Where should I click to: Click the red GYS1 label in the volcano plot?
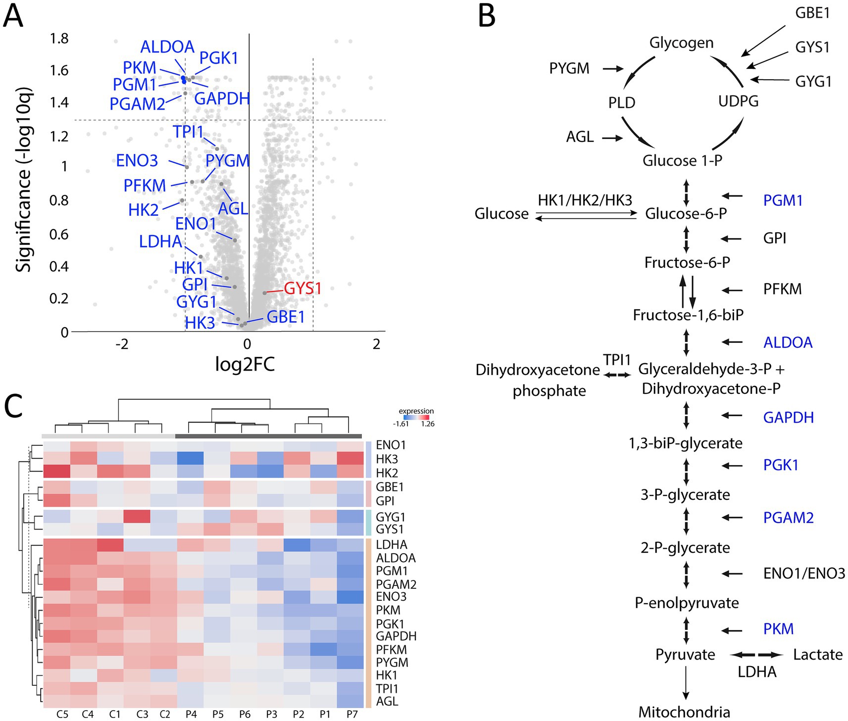(302, 288)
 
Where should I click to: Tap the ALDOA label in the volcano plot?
(167, 47)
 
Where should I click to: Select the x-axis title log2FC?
(245, 364)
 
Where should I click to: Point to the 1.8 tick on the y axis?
(59, 39)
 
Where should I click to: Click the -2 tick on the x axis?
(122, 344)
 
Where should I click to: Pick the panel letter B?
(487, 17)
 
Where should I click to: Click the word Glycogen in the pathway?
(681, 43)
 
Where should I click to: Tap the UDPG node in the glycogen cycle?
(738, 101)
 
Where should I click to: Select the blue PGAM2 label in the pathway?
(788, 518)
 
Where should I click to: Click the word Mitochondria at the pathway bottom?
(684, 712)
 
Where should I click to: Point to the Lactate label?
(817, 655)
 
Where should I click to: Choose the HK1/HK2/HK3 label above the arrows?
(585, 200)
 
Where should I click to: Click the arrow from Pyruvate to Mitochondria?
(686, 682)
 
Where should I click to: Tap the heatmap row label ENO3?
(391, 597)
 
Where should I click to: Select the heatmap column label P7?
(351, 714)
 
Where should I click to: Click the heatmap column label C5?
(62, 714)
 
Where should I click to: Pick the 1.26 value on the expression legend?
(427, 424)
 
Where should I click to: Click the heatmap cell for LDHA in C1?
(110, 545)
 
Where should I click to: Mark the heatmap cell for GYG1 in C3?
(137, 517)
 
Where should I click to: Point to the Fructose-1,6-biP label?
(688, 315)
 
